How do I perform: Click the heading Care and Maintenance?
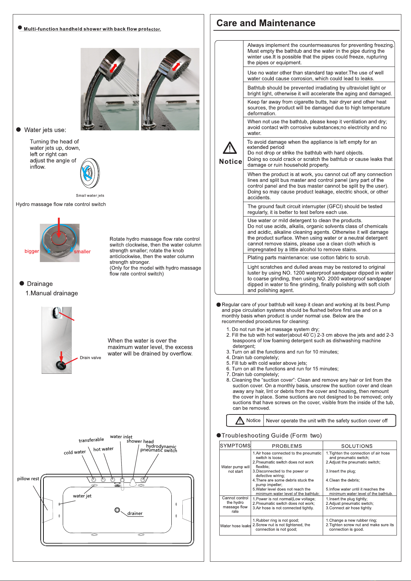[266, 23]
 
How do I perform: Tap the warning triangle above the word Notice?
[230, 148]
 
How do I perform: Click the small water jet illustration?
[90, 173]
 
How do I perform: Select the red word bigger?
[32, 251]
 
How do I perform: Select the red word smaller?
[82, 252]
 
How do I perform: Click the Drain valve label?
[90, 358]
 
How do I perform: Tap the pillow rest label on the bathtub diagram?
[28, 479]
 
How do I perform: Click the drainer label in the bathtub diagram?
[135, 513]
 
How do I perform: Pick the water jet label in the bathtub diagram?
[82, 496]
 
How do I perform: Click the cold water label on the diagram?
[74, 452]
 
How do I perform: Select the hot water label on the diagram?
[103, 449]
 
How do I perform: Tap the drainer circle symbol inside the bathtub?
[117, 510]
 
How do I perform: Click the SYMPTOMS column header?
[235, 445]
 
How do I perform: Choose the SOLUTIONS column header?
[357, 446]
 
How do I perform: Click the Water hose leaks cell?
[235, 526]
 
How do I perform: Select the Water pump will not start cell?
[235, 469]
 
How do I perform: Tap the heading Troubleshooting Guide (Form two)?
[271, 435]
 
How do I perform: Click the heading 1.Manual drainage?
[52, 293]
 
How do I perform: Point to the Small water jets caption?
[90, 196]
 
